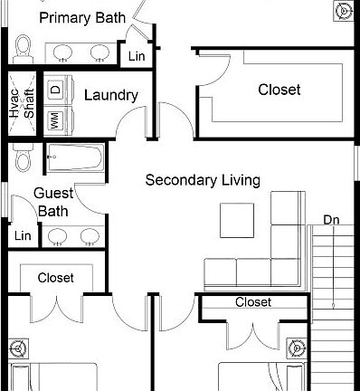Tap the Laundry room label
tap(110, 95)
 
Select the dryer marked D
tap(55, 91)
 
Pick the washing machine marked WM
tap(55, 119)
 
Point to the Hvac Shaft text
tap(21, 105)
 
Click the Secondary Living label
tap(203, 180)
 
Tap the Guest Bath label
tap(52, 202)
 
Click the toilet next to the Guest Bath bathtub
tap(22, 161)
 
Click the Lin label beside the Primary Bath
tap(137, 56)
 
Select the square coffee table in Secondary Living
tap(238, 219)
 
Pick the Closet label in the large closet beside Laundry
tap(279, 90)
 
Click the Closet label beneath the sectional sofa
tap(252, 302)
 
